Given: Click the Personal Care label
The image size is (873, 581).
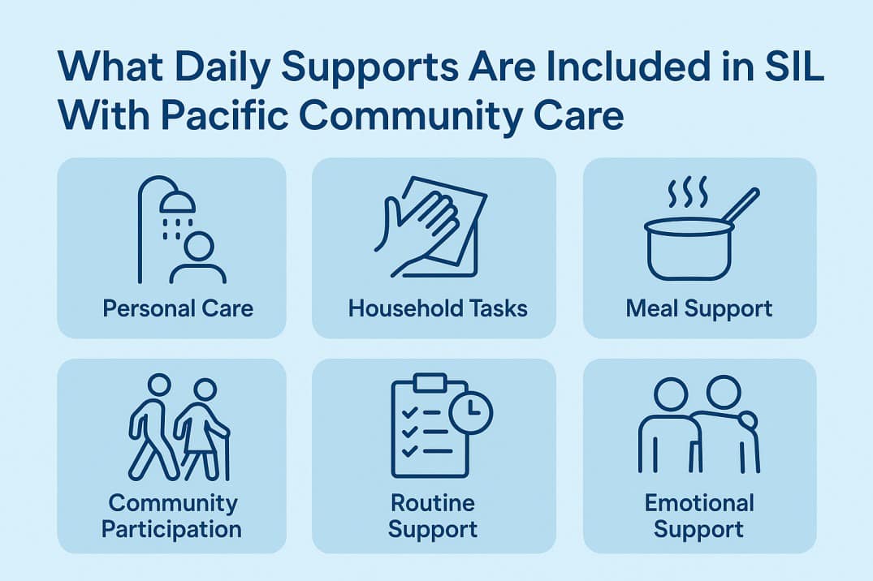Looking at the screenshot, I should tap(178, 308).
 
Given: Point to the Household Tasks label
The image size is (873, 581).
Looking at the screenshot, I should tap(438, 308).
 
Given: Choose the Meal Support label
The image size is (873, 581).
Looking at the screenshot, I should tap(699, 308).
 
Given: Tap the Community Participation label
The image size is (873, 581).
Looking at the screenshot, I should tap(171, 516).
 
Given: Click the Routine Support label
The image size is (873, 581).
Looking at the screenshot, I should tap(432, 516).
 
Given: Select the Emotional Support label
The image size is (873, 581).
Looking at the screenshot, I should tap(699, 516).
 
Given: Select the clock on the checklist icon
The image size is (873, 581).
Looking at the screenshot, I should tap(470, 411).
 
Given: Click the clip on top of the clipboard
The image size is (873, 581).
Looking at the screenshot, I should tap(430, 382).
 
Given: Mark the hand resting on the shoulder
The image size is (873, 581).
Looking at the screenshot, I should tap(746, 421).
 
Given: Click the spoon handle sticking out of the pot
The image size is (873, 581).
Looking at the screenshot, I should tap(740, 206).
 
